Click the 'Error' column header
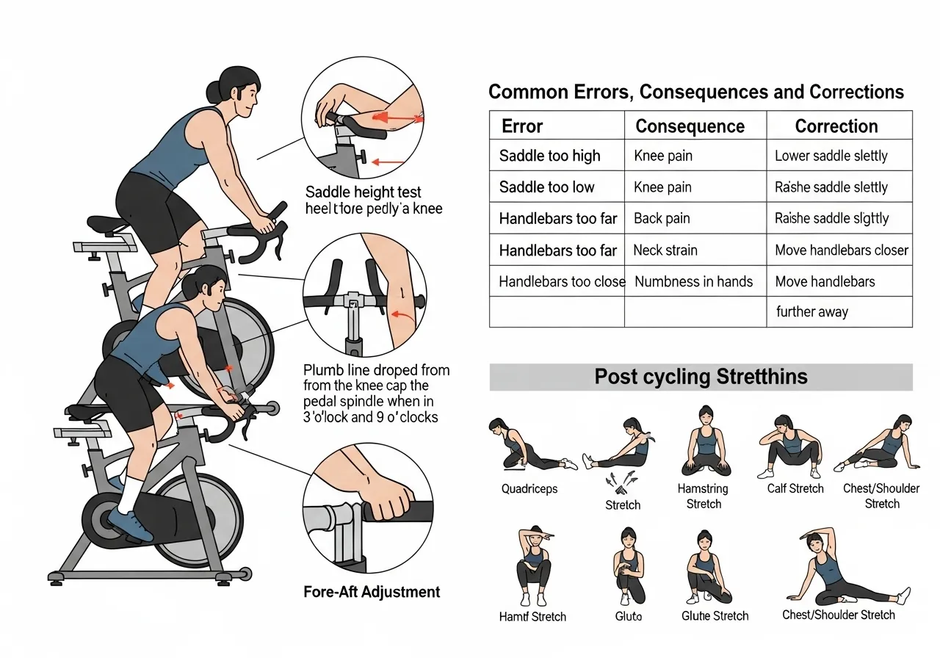coord(522,126)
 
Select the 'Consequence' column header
coord(690,126)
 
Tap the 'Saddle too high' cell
coord(549,156)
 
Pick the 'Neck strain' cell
coord(665,250)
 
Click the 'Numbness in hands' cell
coord(693,281)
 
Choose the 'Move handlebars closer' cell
coord(842,250)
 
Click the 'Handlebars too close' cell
coord(562,281)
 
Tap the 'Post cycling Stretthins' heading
coord(701,377)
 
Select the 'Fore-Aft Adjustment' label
coord(372,592)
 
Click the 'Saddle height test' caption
coord(363,192)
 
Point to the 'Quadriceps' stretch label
coord(529,489)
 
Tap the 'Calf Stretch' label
coord(795,489)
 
